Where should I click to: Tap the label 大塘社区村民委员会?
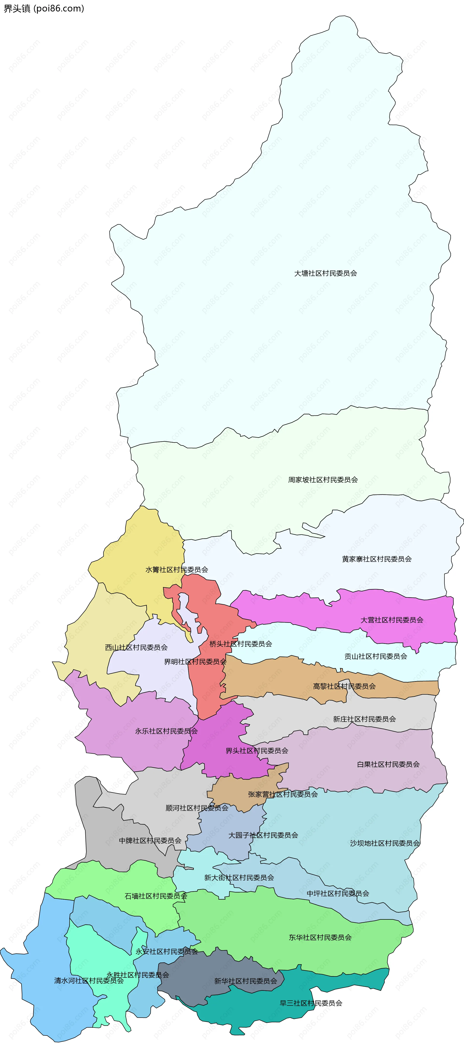[325, 273]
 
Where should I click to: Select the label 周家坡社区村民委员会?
[323, 480]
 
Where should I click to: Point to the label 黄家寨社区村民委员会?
[377, 559]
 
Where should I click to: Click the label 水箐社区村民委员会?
[177, 570]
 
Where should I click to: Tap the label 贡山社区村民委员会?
[376, 656]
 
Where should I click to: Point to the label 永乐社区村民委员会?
[166, 731]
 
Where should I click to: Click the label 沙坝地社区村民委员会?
[385, 843]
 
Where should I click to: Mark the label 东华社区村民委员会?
[320, 937]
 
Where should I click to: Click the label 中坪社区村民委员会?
[338, 893]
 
